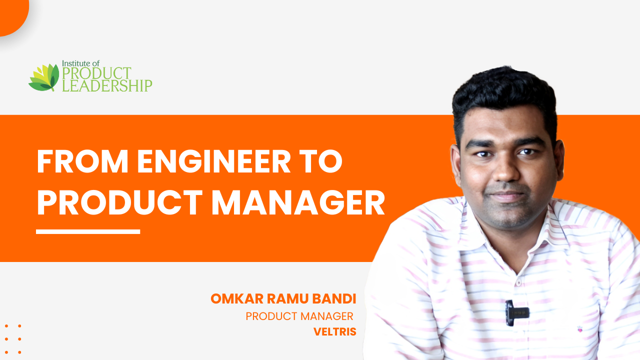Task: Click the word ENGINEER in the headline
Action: (x=213, y=161)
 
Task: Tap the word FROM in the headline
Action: (x=82, y=161)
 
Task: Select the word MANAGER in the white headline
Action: (x=298, y=202)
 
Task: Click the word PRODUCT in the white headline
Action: (x=120, y=202)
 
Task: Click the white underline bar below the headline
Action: (x=88, y=231)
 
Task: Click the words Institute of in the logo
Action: (x=81, y=63)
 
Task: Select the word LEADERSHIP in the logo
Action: (x=107, y=85)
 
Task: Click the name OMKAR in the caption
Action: (x=237, y=299)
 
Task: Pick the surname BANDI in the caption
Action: (x=334, y=299)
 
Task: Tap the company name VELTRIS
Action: (x=335, y=331)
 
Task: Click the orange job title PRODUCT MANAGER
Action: (x=299, y=316)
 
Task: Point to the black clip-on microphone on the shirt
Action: (x=516, y=312)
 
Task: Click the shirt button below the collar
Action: (x=518, y=282)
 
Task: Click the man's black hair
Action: (x=504, y=94)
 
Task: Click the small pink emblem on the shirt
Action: (x=580, y=329)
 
